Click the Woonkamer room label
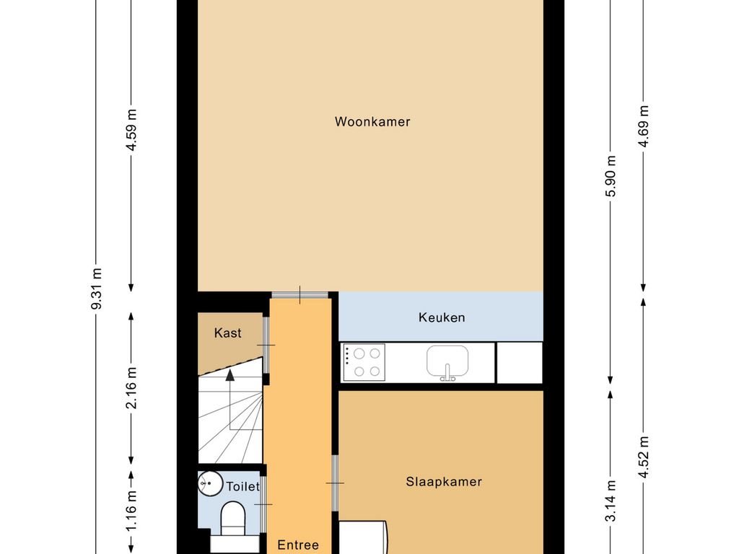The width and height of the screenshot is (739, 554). point(372,121)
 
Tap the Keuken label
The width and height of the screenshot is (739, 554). point(442,317)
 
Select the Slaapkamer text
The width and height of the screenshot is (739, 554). point(444,481)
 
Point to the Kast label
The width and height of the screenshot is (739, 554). point(227,333)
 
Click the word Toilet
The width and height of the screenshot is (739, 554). point(242,486)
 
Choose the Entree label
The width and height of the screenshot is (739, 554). point(298,545)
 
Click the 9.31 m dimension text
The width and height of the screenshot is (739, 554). point(97,289)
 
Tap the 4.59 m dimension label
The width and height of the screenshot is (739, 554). point(131,130)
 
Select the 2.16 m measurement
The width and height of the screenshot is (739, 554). point(131,388)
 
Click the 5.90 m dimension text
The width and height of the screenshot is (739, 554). point(611,176)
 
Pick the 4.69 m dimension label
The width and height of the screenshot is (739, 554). point(644,126)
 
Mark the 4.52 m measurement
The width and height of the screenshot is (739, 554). point(644,457)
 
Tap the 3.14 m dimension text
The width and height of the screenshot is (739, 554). point(611,501)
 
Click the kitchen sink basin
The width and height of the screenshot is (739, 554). point(447,361)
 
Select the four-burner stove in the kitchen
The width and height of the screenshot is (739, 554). point(364,362)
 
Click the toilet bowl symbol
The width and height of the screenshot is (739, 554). point(233,518)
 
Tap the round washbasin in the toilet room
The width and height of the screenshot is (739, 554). point(210,483)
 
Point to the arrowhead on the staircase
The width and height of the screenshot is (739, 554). point(230,375)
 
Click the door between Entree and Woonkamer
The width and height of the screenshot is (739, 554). point(299,295)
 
